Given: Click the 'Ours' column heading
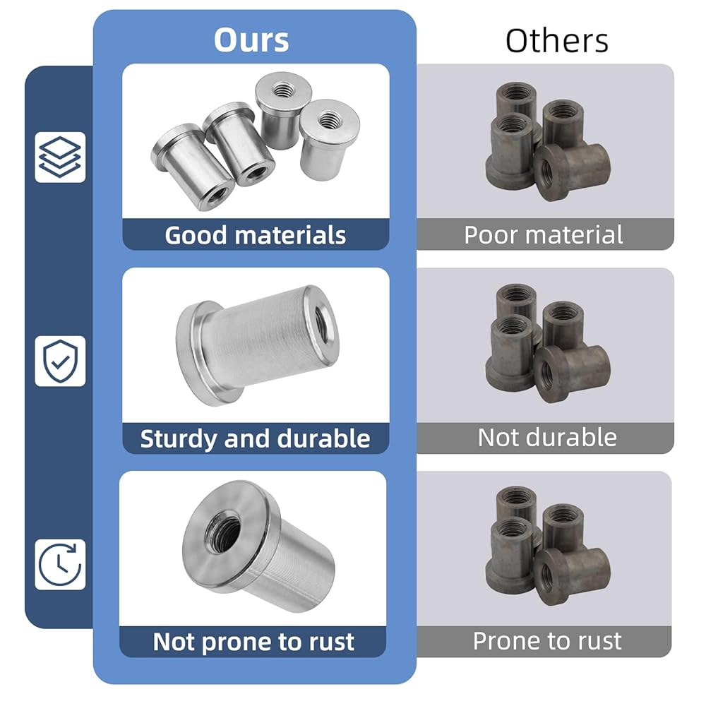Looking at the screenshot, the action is pyautogui.click(x=251, y=40).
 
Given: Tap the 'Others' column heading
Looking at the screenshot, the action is pyautogui.click(x=557, y=41).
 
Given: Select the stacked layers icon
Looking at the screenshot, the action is pyautogui.click(x=60, y=157).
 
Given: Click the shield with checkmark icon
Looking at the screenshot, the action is pyautogui.click(x=60, y=361).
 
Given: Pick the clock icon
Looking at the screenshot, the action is pyautogui.click(x=60, y=564).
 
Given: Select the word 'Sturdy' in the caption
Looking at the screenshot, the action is pyautogui.click(x=179, y=439).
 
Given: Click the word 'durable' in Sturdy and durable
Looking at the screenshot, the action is pyautogui.click(x=324, y=438).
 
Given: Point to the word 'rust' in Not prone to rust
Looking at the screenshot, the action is pyautogui.click(x=331, y=642).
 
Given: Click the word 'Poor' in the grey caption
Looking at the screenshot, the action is pyautogui.click(x=490, y=234).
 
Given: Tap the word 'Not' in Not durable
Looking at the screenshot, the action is pyautogui.click(x=496, y=437).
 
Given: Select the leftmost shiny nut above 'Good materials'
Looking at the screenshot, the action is pyautogui.click(x=192, y=167).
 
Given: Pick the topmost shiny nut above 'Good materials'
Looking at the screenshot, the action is pyautogui.click(x=282, y=109).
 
